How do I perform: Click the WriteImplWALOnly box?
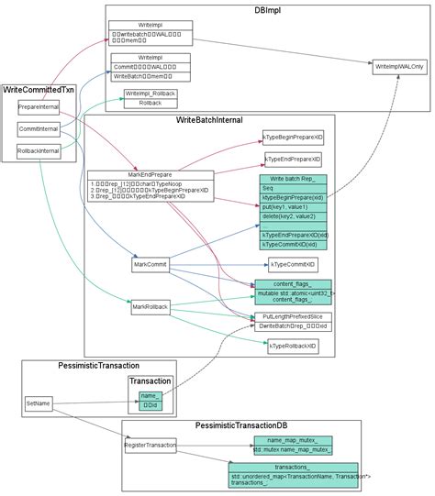[399, 68]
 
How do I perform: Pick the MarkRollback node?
[150, 307]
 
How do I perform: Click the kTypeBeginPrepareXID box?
[292, 137]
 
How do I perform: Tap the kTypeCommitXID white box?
[293, 265]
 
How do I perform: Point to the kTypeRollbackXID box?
[293, 347]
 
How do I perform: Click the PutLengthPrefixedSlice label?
[293, 316]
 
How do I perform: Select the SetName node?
[38, 402]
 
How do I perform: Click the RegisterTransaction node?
[150, 446]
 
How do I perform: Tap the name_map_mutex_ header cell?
[293, 440]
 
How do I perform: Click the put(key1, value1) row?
[293, 207]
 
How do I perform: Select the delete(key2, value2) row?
[293, 216]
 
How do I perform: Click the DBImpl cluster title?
[267, 11]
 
